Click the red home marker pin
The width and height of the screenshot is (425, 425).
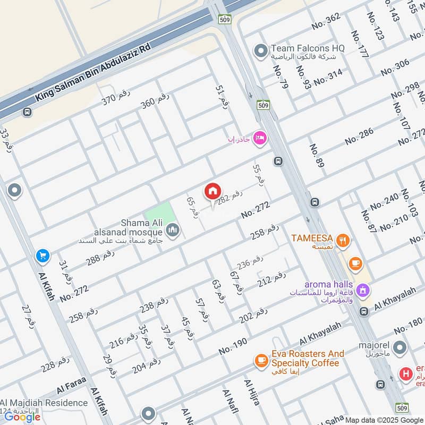[x=213, y=191]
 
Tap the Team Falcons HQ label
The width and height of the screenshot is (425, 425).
[x=308, y=48]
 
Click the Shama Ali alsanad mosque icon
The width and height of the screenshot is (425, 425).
[x=173, y=230]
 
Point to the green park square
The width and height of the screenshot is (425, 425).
[x=159, y=215]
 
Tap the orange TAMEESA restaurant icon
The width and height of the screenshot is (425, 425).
[x=344, y=241]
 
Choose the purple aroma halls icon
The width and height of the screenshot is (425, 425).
[x=363, y=290]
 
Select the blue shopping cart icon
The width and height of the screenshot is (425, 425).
[x=43, y=257]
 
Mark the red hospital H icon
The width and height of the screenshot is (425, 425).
[x=406, y=374]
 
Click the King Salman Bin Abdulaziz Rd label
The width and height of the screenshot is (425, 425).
[x=93, y=72]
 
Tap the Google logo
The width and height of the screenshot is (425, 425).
[x=23, y=416]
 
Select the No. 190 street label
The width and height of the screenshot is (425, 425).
[x=233, y=346]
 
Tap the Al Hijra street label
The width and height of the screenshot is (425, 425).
[x=251, y=392]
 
